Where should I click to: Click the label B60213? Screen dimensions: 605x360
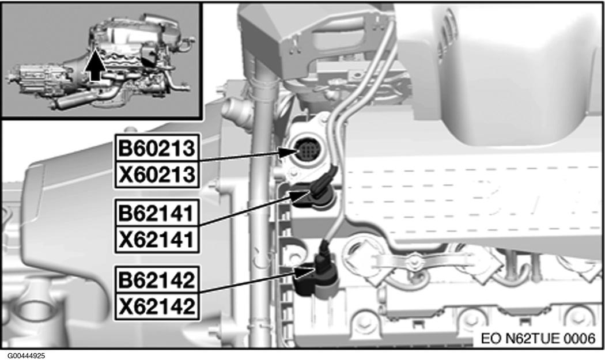[x=157, y=148]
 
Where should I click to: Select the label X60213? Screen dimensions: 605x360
[x=157, y=175]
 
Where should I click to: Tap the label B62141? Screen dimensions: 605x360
[x=157, y=213]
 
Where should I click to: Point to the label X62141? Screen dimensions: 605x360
[x=157, y=240]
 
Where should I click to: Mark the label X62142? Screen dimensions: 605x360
[x=157, y=306]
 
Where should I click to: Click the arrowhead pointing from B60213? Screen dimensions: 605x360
[x=288, y=153]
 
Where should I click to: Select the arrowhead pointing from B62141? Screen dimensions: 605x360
[x=300, y=196]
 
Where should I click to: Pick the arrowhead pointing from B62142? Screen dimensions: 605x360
[x=305, y=272]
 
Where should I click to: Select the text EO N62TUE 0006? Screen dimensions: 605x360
[x=538, y=338]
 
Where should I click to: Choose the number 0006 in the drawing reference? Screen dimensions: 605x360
[x=580, y=338]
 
